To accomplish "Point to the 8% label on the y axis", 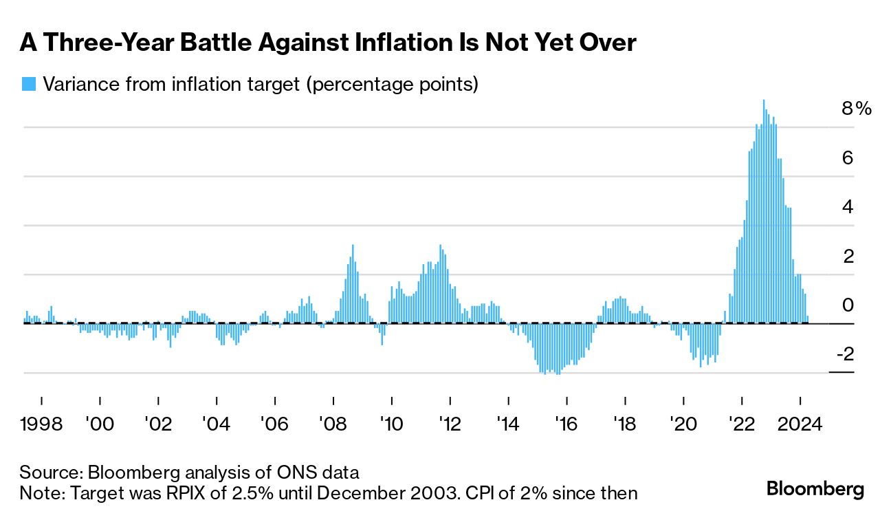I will tap(856, 109).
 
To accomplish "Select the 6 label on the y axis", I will tap(848, 158).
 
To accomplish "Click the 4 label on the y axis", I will tap(848, 207).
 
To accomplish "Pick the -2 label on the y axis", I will tap(844, 354).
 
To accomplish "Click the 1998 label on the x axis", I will tap(41, 423).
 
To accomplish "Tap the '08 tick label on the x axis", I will tap(333, 423).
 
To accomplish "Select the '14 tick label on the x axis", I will tap(508, 423).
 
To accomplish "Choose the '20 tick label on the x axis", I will tap(683, 423).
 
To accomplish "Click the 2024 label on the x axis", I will tap(800, 423).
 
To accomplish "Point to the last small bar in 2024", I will tap(808, 319).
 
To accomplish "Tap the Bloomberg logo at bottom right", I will tap(815, 490).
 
